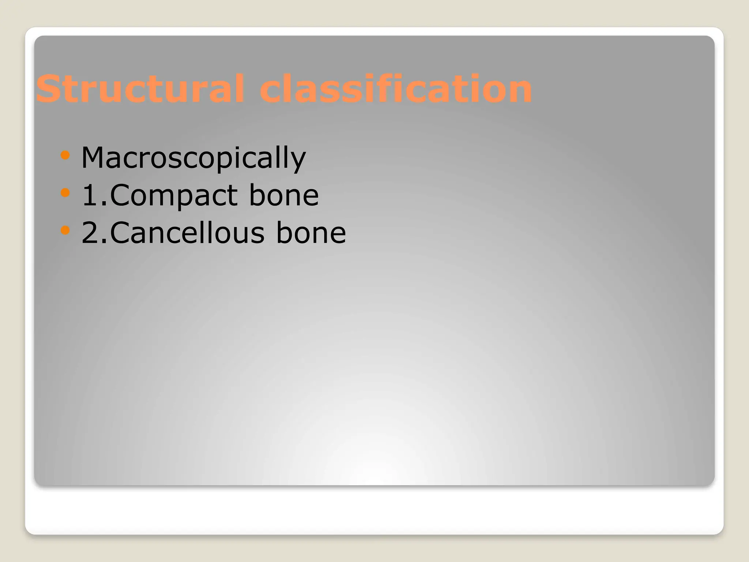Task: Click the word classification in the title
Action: [x=396, y=89]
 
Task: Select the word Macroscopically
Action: [x=193, y=158]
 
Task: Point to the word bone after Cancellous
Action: [x=311, y=233]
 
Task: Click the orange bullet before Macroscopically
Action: [x=65, y=155]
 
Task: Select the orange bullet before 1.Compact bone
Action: [x=65, y=192]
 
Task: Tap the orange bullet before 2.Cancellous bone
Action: [x=65, y=230]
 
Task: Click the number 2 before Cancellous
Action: [x=90, y=233]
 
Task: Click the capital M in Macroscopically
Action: [x=94, y=158]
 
